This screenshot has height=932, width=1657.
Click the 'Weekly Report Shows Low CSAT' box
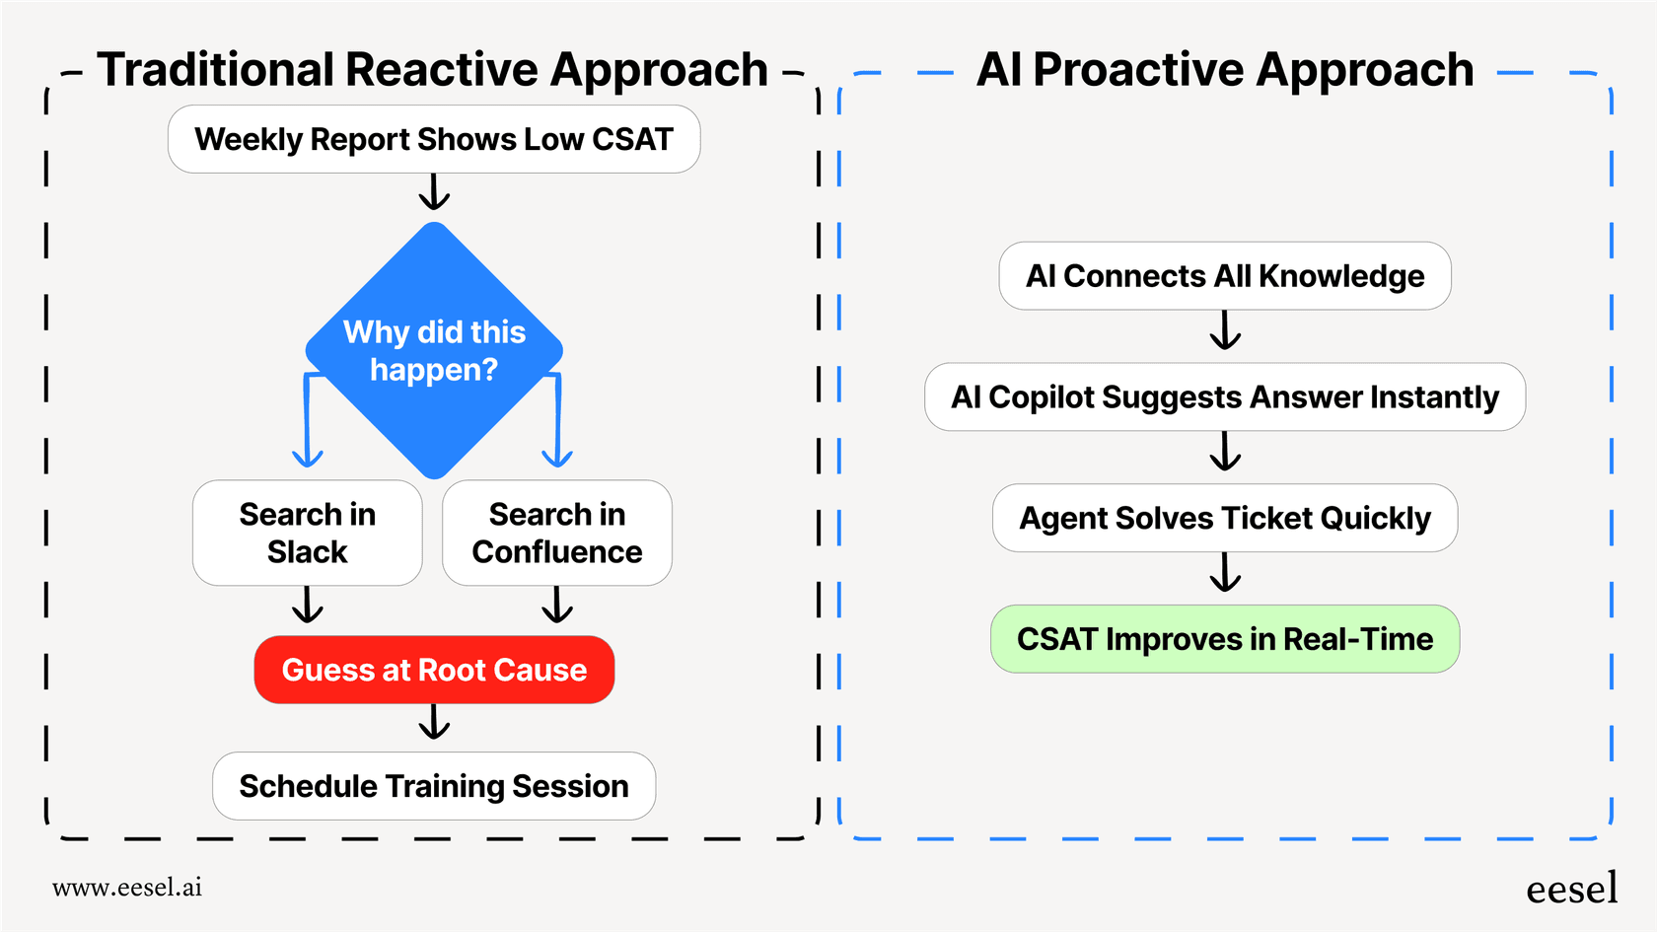point(434,139)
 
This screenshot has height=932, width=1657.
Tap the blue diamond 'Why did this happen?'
point(434,350)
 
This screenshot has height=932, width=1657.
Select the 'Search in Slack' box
point(307,533)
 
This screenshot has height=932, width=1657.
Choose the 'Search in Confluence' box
point(557,533)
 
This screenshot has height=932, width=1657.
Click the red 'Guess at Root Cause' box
point(434,670)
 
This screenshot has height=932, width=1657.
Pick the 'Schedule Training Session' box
point(434,786)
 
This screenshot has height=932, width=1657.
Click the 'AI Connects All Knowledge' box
point(1225,276)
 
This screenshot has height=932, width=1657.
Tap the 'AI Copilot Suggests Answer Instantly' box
point(1225,396)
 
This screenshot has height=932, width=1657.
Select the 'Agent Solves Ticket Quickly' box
point(1225,518)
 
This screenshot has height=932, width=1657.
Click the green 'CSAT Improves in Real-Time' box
point(1225,639)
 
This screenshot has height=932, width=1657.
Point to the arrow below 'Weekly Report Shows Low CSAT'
point(434,193)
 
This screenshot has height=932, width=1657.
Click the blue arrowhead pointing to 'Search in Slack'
point(308,457)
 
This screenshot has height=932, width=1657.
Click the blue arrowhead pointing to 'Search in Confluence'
point(557,457)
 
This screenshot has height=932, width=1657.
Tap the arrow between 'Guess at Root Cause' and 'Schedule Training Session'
point(434,723)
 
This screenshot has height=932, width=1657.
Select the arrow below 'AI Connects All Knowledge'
point(1225,331)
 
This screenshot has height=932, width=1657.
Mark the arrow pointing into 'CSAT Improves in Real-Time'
point(1225,573)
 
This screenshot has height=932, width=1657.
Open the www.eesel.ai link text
point(127,888)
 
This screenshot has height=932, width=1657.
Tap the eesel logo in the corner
point(1571,889)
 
